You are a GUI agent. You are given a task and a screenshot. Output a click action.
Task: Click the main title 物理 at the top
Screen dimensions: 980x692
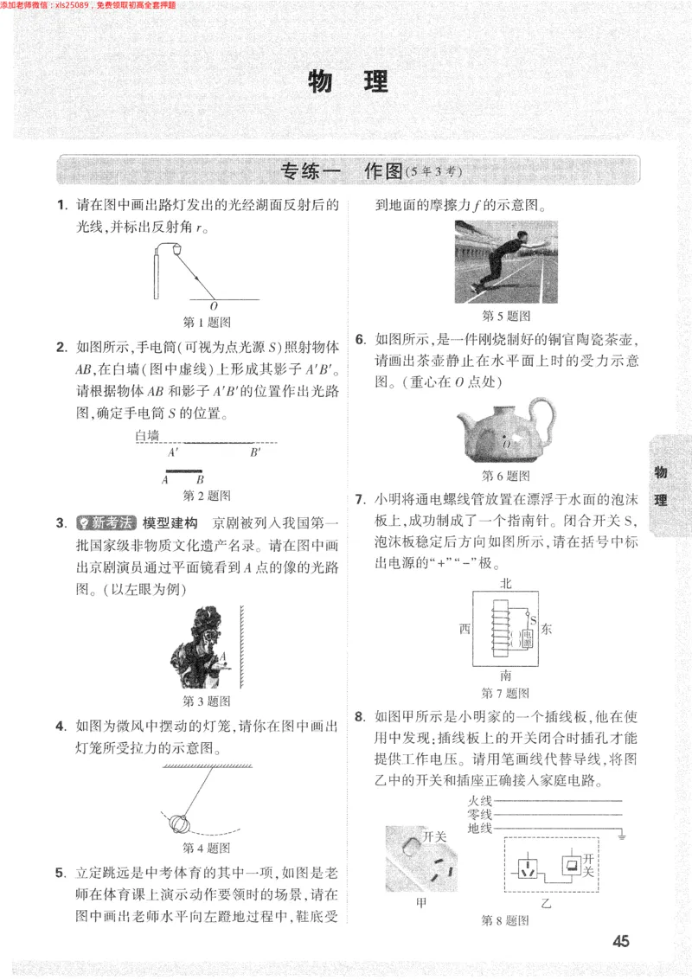pos(348,82)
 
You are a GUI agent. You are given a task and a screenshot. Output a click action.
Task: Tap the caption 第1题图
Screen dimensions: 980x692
pos(207,322)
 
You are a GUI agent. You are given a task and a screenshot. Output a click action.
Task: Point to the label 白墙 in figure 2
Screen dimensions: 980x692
pos(147,437)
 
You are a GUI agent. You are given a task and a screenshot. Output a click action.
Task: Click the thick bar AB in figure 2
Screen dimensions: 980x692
pos(183,471)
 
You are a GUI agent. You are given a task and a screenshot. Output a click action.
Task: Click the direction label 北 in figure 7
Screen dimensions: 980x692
pos(506,585)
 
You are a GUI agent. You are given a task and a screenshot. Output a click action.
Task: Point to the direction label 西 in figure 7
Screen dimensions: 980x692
pos(465,630)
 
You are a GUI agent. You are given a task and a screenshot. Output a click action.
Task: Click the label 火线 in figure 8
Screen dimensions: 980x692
pos(480,800)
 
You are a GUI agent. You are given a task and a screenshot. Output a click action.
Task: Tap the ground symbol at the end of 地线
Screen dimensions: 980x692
pos(621,836)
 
